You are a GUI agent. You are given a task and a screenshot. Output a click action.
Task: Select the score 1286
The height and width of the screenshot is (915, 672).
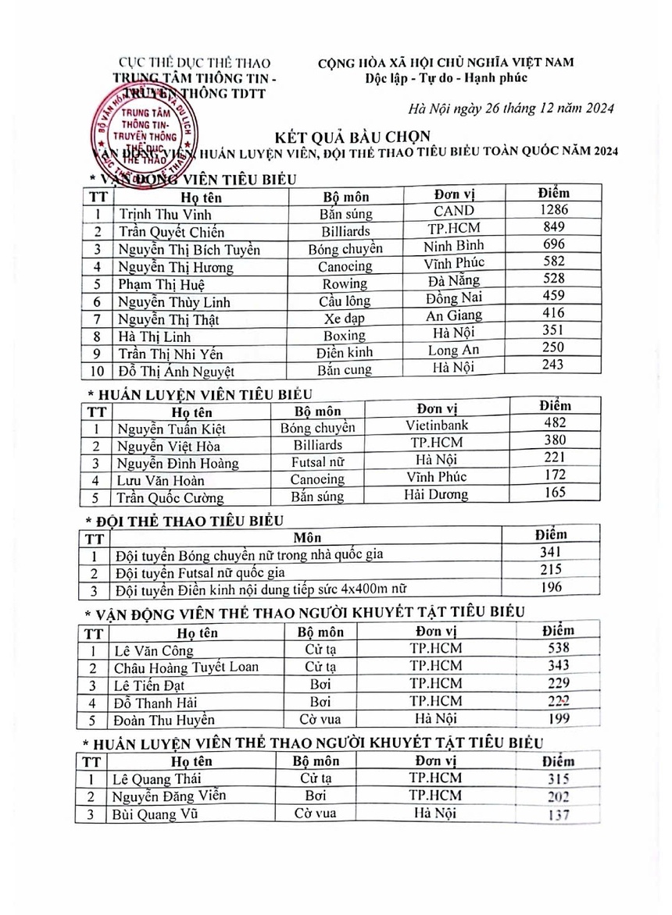pos(553,210)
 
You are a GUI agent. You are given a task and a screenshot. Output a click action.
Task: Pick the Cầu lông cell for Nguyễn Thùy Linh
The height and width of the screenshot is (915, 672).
pos(345,301)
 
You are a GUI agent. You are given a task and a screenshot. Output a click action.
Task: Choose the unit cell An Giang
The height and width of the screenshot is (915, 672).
pos(454,315)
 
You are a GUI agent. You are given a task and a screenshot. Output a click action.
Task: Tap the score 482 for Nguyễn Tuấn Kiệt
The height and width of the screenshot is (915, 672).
pos(553,423)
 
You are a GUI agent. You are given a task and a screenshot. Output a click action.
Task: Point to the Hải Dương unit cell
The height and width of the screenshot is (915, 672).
pos(436,494)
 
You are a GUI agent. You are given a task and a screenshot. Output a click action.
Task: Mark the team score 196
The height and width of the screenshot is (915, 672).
pos(551,587)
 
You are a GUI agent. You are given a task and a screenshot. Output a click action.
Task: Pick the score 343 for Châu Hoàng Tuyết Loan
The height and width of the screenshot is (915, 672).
pos(557,665)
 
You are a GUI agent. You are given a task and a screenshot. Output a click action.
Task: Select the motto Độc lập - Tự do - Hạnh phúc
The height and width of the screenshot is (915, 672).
pos(446,77)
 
